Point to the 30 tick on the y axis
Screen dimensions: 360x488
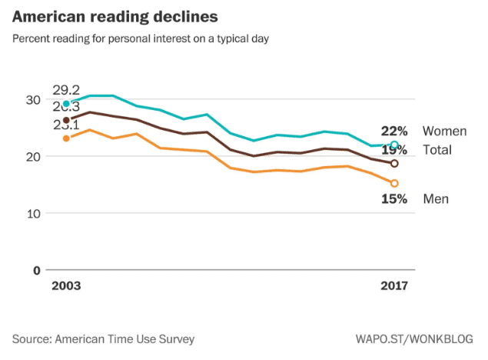point(32,99)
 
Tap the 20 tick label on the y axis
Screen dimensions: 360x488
point(32,156)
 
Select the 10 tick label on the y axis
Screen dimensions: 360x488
point(32,213)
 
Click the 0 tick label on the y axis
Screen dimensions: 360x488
point(35,270)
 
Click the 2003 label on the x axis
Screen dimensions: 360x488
point(66,286)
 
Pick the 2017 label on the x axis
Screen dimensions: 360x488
point(394,286)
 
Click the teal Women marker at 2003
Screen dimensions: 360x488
point(66,104)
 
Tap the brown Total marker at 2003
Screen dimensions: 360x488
point(66,120)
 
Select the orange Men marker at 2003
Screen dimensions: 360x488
point(66,138)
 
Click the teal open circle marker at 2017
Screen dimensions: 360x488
point(394,145)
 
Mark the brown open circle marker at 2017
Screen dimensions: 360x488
point(394,163)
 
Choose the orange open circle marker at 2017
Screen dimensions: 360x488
point(394,183)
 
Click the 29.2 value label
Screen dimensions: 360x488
point(67,90)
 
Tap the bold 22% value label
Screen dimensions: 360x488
point(394,131)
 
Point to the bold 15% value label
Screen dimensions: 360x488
point(394,199)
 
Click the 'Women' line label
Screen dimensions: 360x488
point(444,132)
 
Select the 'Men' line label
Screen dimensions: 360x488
point(436,199)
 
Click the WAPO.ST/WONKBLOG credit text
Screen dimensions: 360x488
point(414,338)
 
